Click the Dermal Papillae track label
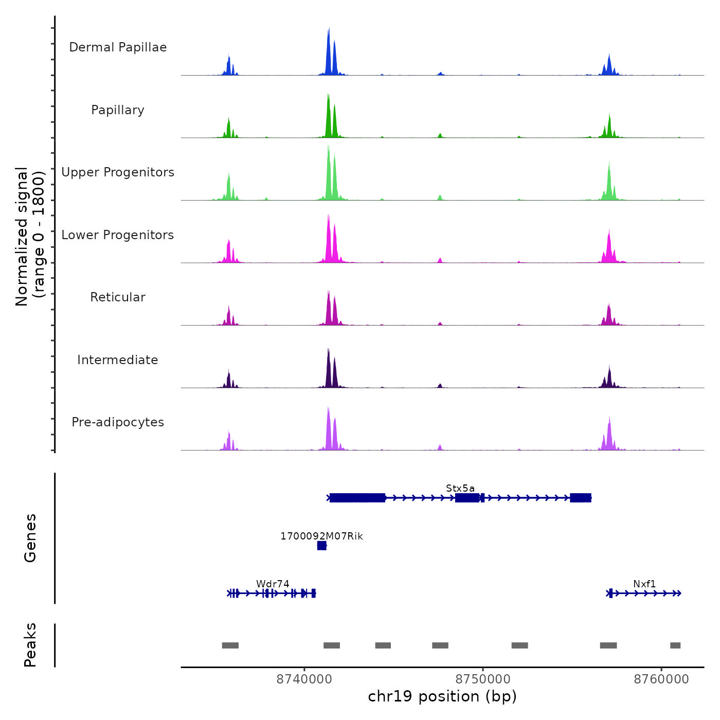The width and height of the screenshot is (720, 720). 118,47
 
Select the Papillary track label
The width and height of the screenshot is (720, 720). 118,110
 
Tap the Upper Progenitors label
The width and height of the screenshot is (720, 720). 118,172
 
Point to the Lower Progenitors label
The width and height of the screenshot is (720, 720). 118,235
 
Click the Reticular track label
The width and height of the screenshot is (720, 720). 118,297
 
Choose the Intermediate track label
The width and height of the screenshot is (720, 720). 118,360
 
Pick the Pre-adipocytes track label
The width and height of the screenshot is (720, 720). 118,422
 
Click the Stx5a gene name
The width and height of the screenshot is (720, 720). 460,488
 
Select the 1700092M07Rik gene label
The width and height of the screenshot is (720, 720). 321,536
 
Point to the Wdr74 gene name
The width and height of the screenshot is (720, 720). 273,584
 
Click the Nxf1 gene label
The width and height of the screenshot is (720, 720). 644,584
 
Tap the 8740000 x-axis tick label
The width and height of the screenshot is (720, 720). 304,679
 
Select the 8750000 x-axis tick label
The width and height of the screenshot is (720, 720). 483,679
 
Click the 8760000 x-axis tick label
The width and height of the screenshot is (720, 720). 661,679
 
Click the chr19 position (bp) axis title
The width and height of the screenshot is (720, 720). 442,696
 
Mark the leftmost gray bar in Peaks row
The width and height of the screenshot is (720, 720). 230,645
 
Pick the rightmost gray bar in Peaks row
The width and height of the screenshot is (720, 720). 675,645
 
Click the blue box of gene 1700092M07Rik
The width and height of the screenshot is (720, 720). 322,546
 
